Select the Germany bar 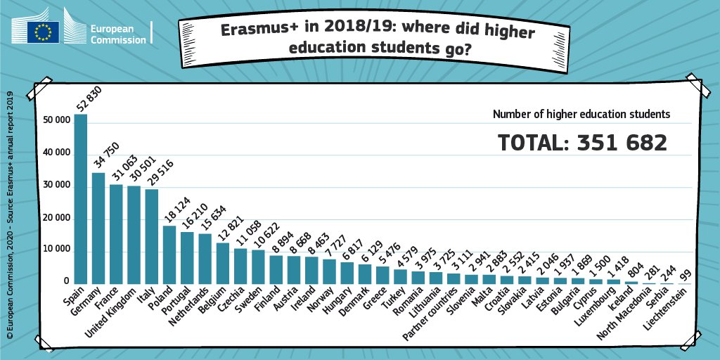coord(98,228)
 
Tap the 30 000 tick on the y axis coord(56,186)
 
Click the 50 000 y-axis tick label coord(56,120)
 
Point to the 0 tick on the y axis coord(65,283)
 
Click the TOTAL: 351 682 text coord(582,143)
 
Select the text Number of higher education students coord(581,113)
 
